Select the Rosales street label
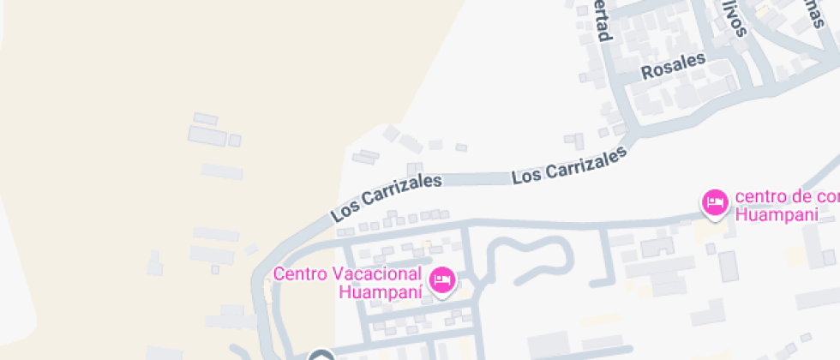[x=673, y=67]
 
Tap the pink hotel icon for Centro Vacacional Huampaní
[x=442, y=280]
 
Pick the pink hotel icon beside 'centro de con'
[x=714, y=203]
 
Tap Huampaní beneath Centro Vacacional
[x=381, y=292]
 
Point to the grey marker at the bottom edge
[x=321, y=356]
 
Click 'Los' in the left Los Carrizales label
[x=344, y=210]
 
